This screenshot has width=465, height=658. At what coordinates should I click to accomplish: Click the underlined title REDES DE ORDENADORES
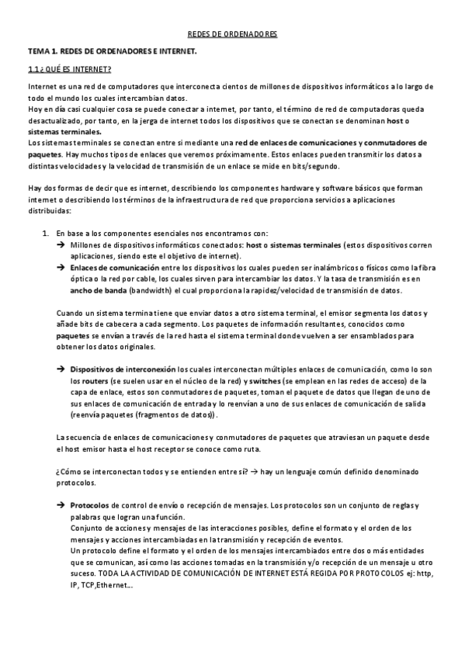click(x=233, y=35)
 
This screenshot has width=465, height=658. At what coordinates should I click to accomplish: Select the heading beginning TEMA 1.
click(x=113, y=50)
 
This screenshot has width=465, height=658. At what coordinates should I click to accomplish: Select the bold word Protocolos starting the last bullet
click(x=89, y=505)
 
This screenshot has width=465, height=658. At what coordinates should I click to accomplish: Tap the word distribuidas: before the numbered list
click(x=48, y=211)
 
